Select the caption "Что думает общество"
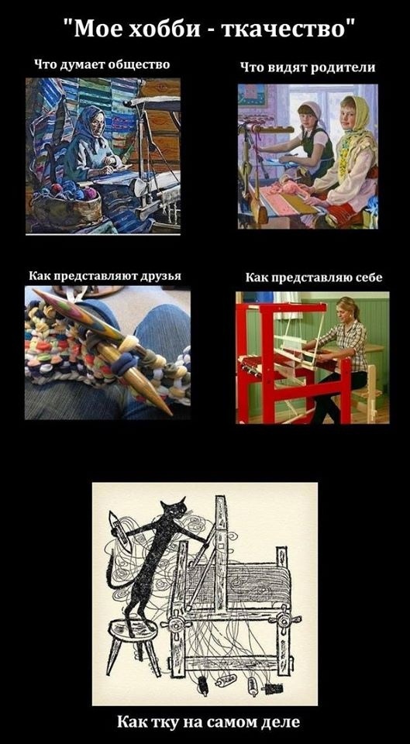click(102, 65)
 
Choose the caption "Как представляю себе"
click(313, 277)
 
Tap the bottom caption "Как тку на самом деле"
click(205, 722)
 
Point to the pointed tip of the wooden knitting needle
click(166, 408)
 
